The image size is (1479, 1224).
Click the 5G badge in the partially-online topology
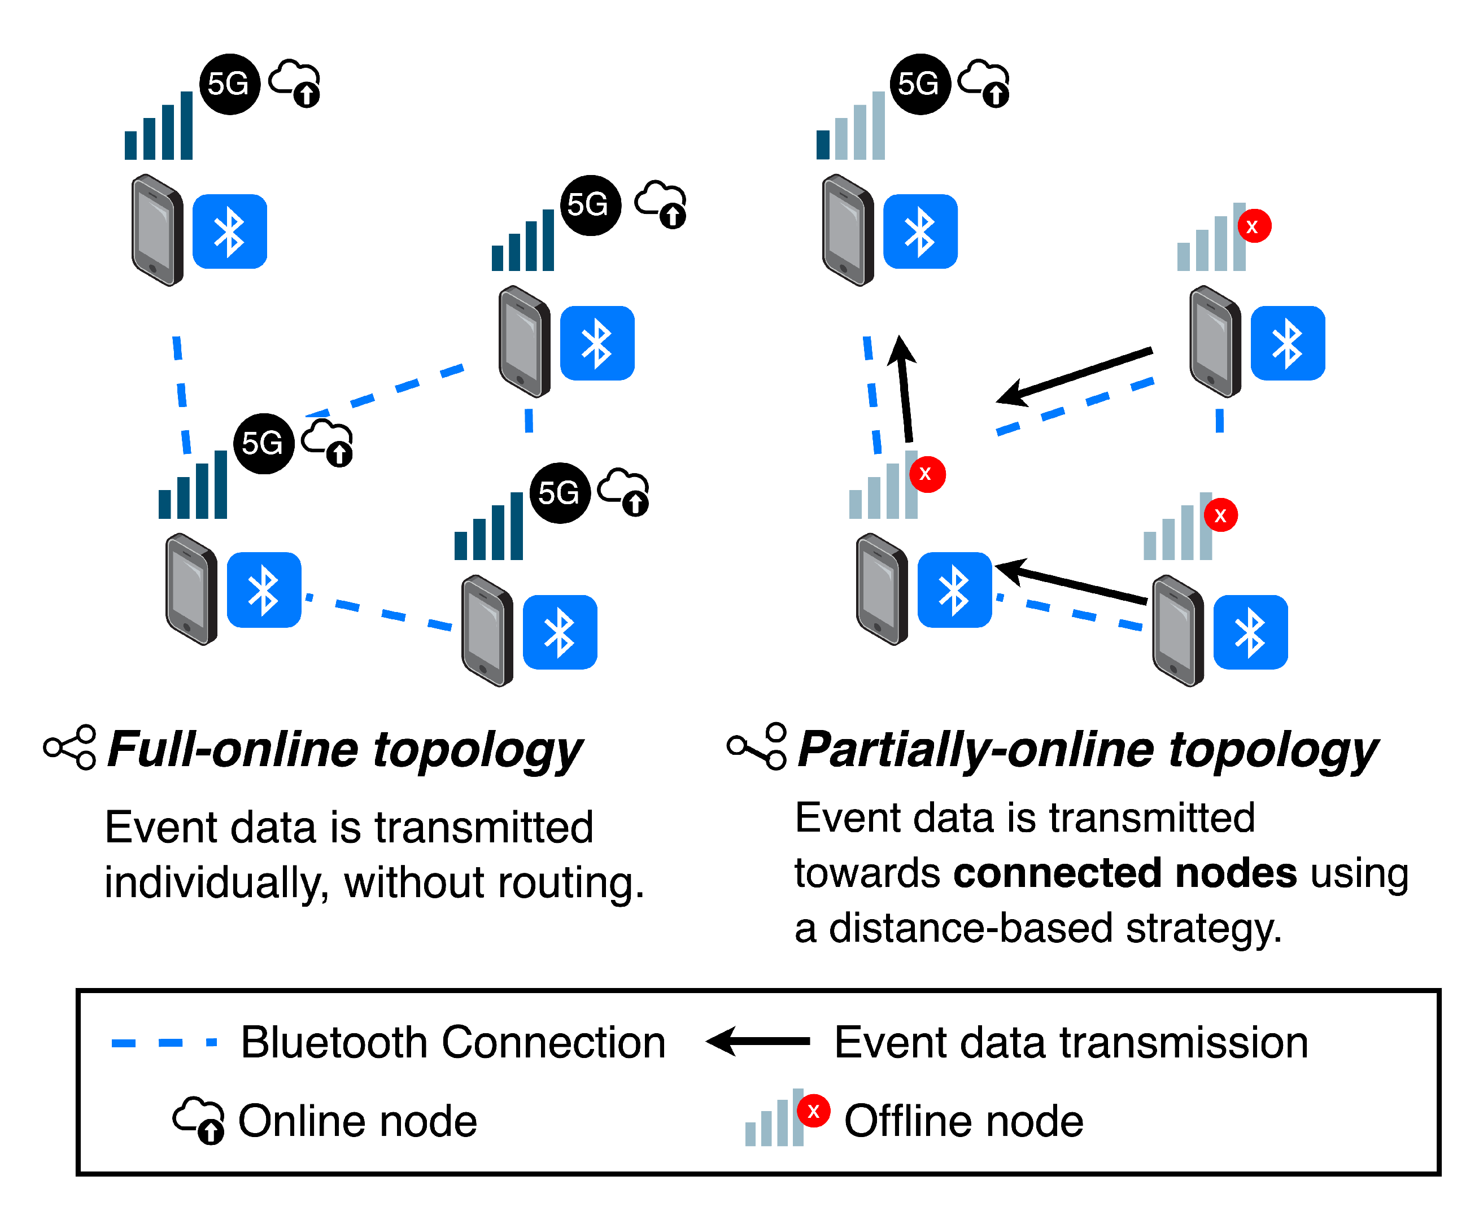920,84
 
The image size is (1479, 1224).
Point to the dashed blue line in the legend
164,1042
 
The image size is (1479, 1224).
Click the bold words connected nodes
1125,873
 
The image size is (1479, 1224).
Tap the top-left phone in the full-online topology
157,230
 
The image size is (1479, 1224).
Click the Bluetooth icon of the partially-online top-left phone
920,231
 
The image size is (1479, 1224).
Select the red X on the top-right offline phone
1254,226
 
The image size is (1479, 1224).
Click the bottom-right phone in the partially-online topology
1177,630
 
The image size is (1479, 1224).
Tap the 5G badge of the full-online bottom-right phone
560,493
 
